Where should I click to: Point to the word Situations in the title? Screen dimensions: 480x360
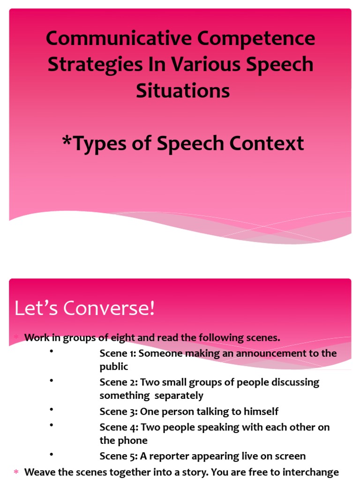coord(183,90)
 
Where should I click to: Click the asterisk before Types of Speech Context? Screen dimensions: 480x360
coord(67,142)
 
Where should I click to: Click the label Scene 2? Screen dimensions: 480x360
coord(118,382)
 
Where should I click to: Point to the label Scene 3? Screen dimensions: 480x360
coord(118,412)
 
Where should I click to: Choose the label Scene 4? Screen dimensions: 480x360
coord(119,427)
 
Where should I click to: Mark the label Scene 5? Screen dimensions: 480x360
coord(118,456)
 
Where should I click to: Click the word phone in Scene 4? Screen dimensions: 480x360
coord(134,441)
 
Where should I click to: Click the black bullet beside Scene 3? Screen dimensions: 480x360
coord(51,409)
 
